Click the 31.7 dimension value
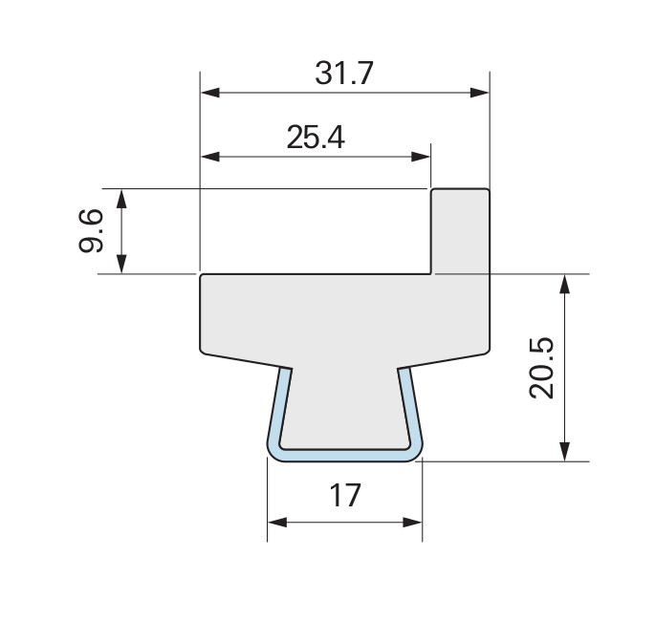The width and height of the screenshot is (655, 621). (x=344, y=74)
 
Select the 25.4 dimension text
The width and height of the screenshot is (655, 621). (x=316, y=138)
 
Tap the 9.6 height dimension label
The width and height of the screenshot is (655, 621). (x=91, y=231)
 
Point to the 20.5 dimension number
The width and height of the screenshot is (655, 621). (x=541, y=368)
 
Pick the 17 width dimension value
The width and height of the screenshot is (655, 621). (x=345, y=496)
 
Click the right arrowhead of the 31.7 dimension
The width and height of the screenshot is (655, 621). (x=480, y=93)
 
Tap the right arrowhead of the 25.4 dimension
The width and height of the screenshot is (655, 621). (x=421, y=157)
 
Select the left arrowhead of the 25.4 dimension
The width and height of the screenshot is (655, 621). (x=210, y=157)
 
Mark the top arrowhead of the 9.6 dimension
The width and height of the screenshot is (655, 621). (x=121, y=199)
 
